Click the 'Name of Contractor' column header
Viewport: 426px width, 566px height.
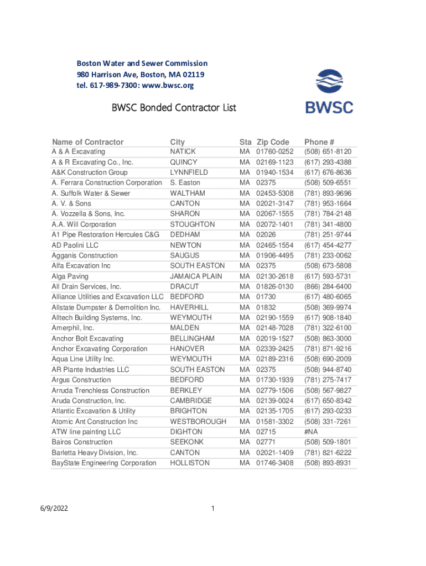pos(87,141)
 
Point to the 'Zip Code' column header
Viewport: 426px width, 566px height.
pos(272,141)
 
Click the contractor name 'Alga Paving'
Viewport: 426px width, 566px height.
pos(70,276)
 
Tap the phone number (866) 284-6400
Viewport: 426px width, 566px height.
pos(328,287)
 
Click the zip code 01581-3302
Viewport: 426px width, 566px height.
pos(274,422)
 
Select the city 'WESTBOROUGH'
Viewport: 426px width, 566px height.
pos(198,422)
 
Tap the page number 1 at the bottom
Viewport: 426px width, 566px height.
pos(213,509)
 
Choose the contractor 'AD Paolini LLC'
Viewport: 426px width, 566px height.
pos(75,245)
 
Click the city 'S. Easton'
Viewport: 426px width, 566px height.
pos(185,183)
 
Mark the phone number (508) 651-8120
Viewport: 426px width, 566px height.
pos(328,151)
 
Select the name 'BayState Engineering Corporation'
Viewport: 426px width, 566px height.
pos(104,463)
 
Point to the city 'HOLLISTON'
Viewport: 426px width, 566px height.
pos(190,463)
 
